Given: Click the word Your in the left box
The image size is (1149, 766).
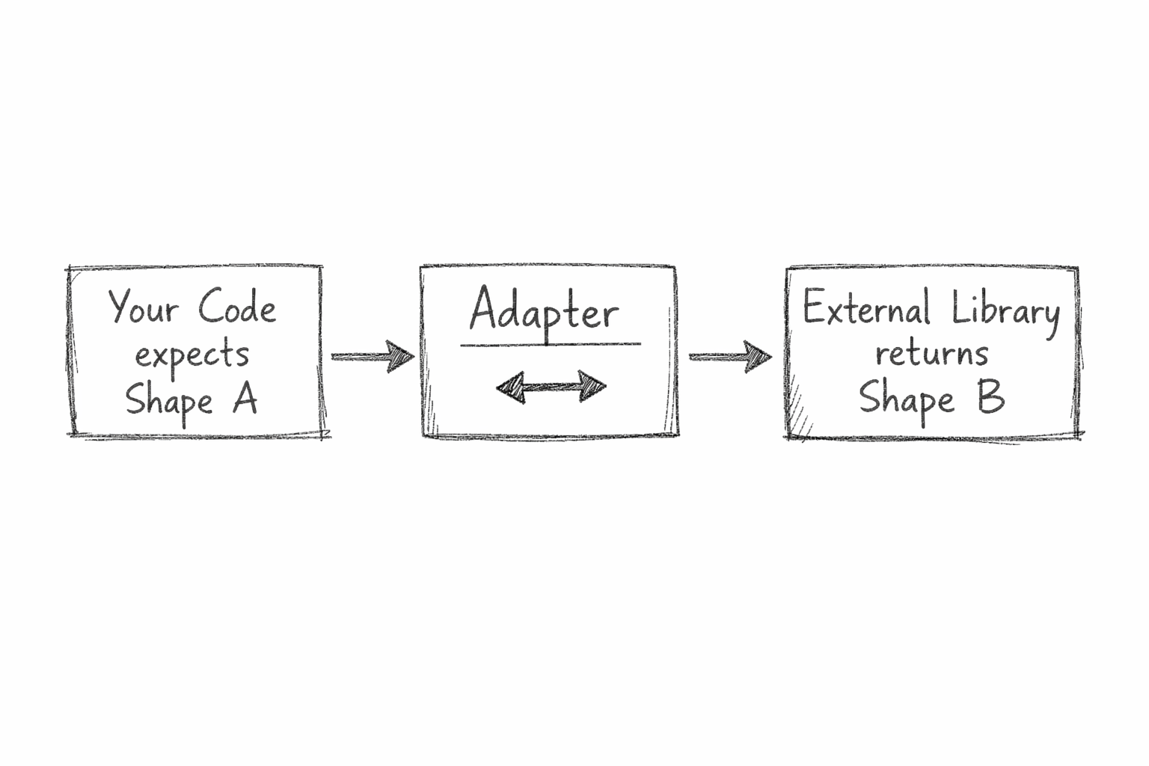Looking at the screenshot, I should coord(143,307).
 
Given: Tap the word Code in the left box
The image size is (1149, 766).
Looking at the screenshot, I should coord(237,307).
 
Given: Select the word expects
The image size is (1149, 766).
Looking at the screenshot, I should coord(191,355).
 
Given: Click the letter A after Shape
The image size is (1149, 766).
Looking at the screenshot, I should coord(245,399).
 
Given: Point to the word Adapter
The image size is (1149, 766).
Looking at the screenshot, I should coord(544,310).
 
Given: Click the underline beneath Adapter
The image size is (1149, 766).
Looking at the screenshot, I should coord(550,345).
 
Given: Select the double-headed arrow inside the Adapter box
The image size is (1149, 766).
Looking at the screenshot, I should coord(551,387).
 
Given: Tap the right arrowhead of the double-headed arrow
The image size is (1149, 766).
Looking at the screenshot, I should coord(592,387).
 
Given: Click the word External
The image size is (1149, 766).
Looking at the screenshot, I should coord(866,308).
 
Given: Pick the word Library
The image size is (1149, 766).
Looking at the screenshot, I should coord(1005,310).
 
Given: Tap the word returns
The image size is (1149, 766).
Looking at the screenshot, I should coord(931,353).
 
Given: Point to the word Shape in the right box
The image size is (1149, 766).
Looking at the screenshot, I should coord(906,399).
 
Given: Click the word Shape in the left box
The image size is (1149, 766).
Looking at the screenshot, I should coord(169,401).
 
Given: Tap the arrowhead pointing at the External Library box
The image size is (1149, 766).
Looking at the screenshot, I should coord(759,356).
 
